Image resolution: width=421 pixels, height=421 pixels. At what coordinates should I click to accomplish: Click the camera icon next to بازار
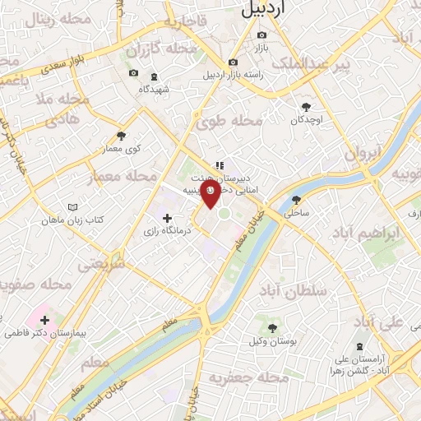point(261,35)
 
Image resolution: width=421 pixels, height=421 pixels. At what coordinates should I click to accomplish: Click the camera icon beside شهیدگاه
point(134,73)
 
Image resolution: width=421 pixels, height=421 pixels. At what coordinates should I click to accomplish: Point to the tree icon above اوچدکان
point(307,106)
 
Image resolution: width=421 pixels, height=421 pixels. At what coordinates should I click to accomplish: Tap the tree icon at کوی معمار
point(122,136)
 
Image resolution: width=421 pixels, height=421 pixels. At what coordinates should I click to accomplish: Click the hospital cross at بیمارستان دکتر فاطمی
point(44,320)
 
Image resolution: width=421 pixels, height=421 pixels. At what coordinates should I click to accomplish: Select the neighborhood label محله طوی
point(228,123)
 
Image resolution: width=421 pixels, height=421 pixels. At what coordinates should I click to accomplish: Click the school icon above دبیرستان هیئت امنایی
point(219,164)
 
